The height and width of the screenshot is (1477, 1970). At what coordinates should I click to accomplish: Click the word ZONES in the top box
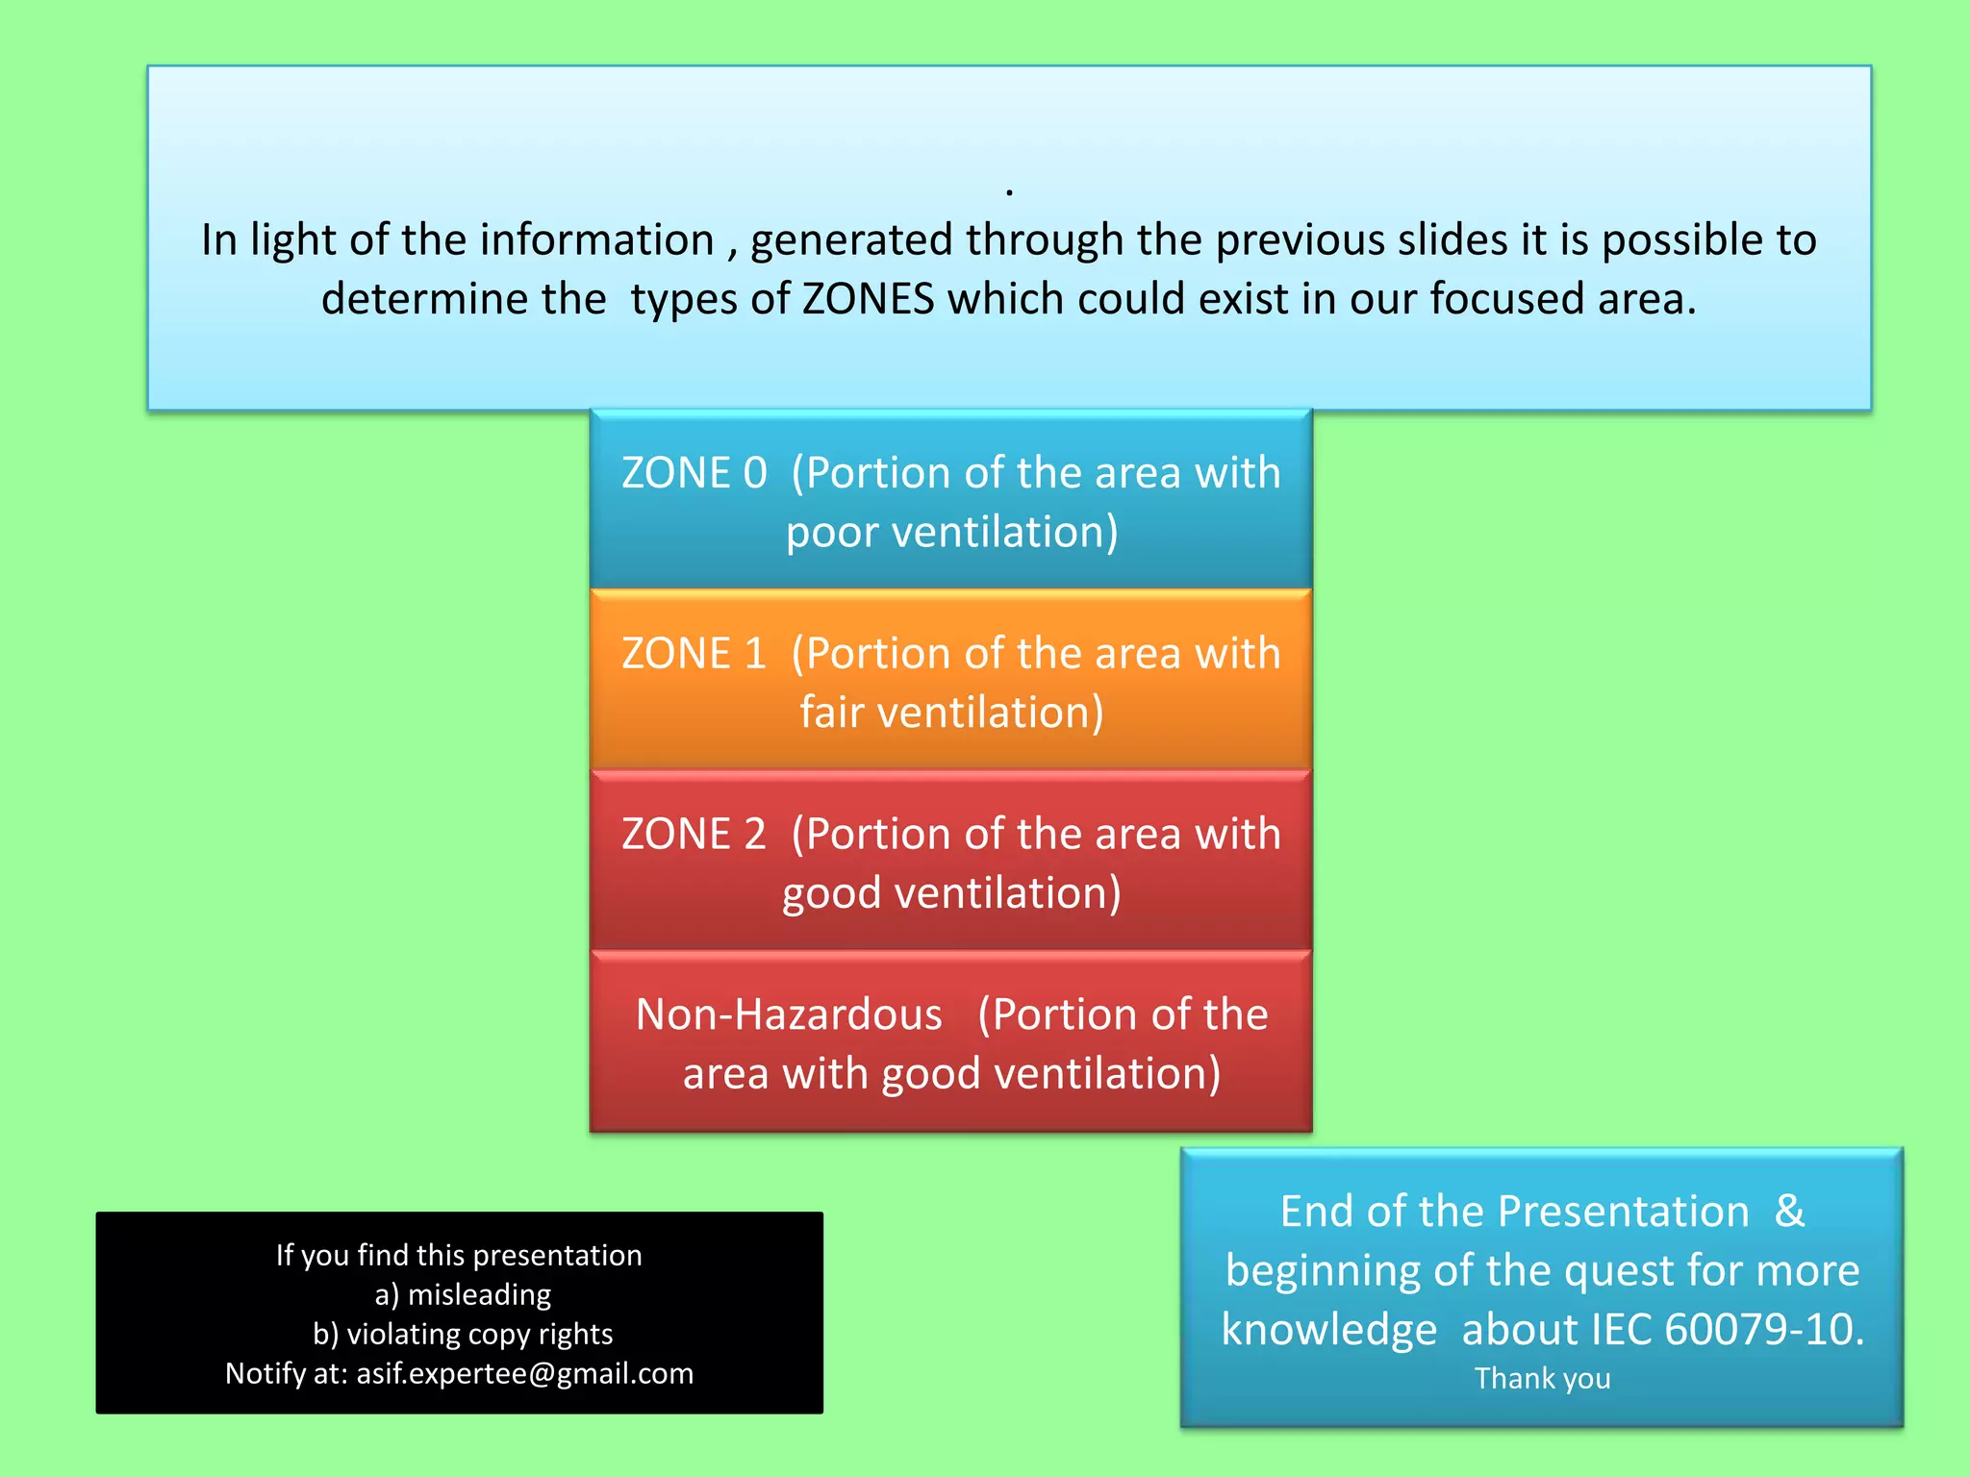pyautogui.click(x=868, y=299)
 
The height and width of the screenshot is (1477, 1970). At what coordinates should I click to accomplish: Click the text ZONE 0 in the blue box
pyautogui.click(x=694, y=473)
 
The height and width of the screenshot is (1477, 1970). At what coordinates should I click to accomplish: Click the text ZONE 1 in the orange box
pyautogui.click(x=694, y=654)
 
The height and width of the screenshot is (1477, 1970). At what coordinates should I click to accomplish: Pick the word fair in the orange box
pyautogui.click(x=831, y=713)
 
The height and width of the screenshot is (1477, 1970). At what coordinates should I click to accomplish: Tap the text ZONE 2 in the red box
pyautogui.click(x=694, y=834)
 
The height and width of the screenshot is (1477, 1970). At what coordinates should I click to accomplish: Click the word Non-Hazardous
pyautogui.click(x=789, y=1014)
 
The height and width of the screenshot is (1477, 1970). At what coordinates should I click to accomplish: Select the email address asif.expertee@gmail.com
pyautogui.click(x=525, y=1373)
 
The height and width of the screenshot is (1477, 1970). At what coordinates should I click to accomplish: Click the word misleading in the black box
pyautogui.click(x=479, y=1294)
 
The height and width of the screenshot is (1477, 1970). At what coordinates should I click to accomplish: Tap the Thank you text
pyautogui.click(x=1542, y=1378)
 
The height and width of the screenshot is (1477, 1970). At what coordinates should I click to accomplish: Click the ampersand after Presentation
pyautogui.click(x=1789, y=1211)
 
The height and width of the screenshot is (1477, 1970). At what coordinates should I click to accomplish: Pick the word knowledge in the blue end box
pyautogui.click(x=1328, y=1329)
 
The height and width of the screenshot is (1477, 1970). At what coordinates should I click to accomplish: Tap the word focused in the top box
pyautogui.click(x=1506, y=299)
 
